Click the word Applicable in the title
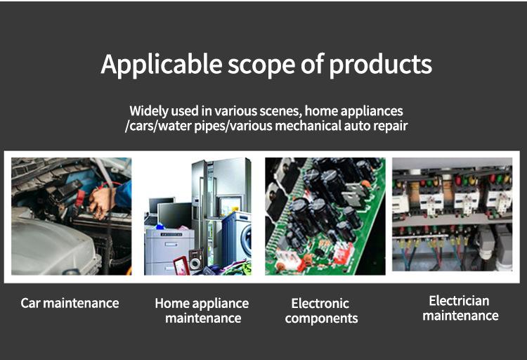[x=162, y=65]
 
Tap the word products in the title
[x=380, y=65]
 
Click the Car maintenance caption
[x=70, y=303]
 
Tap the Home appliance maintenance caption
[x=202, y=311]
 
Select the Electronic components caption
[x=321, y=311]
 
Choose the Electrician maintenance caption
[x=460, y=308]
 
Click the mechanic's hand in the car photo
[x=100, y=202]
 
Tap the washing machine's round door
[x=247, y=240]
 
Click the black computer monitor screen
[x=174, y=215]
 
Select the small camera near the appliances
[x=195, y=259]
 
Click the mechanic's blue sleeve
[x=123, y=194]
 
